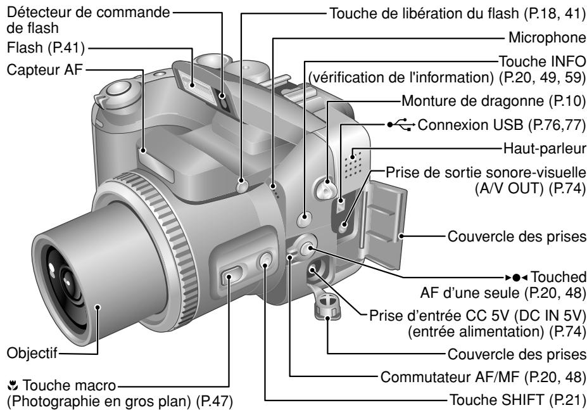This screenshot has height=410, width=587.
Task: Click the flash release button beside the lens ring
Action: [241, 186]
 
